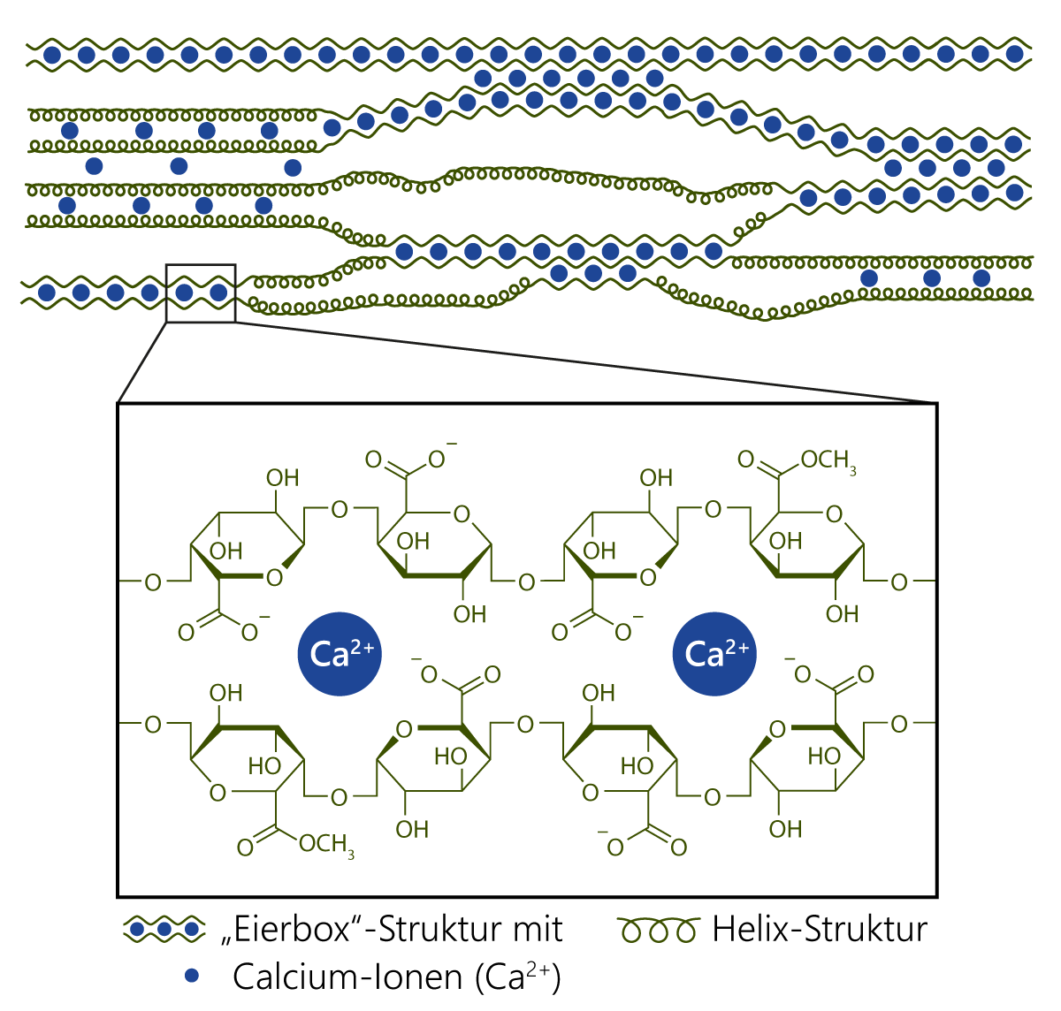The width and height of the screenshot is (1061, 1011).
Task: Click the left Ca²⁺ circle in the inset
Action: pyautogui.click(x=340, y=654)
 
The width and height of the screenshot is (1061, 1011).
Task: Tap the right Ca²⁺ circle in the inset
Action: pyautogui.click(x=715, y=654)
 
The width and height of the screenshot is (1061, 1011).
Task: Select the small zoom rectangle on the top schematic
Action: pyautogui.click(x=201, y=266)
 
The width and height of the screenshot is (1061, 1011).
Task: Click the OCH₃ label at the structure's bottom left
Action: pyautogui.click(x=326, y=846)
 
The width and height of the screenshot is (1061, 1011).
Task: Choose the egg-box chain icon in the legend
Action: pyautogui.click(x=164, y=930)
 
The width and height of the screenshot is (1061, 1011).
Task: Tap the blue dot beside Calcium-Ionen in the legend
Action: pyautogui.click(x=190, y=976)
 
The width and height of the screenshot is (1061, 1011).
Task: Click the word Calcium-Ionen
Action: pyautogui.click(x=347, y=977)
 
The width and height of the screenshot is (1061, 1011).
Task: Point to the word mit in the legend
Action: pyautogui.click(x=536, y=930)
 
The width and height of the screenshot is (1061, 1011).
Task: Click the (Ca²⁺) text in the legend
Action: pyautogui.click(x=517, y=977)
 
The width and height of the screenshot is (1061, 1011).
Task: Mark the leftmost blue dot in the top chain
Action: pyautogui.click(x=52, y=55)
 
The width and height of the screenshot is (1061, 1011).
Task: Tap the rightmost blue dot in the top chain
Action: pyautogui.click(x=1014, y=55)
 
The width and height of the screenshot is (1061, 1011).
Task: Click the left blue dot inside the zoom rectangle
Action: pyautogui.click(x=184, y=292)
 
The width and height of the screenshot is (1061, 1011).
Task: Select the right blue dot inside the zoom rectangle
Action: pyautogui.click(x=218, y=292)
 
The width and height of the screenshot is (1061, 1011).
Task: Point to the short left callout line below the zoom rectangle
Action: pyautogui.click(x=141, y=363)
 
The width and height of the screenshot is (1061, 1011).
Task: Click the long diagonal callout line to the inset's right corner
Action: pyautogui.click(x=584, y=362)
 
